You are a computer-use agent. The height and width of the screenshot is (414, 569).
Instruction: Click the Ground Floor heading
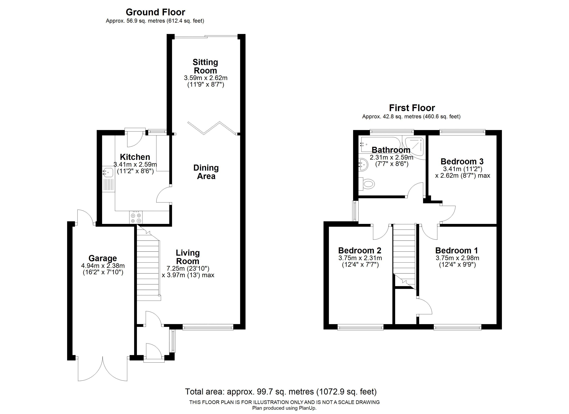pos(155,12)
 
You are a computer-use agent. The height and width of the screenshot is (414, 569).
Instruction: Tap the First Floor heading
pos(412,108)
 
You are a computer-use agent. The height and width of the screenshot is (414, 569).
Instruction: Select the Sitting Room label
pos(205,66)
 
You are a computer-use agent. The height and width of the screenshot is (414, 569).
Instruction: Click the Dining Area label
pos(206,172)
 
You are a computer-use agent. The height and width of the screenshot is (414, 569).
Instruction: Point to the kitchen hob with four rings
pos(136,217)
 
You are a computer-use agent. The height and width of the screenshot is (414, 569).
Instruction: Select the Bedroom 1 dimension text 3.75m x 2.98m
pos(457,258)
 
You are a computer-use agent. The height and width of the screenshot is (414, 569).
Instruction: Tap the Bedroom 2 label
pos(360,250)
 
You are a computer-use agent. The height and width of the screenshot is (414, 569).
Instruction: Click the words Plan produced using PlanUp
pos(284,408)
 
